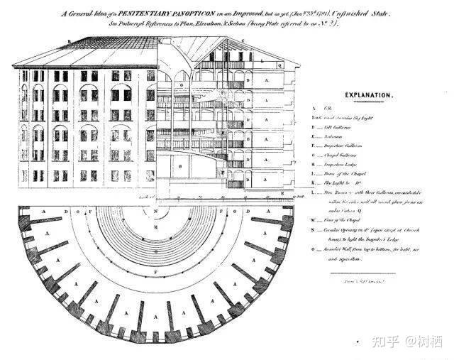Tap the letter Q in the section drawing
[x=281, y=63]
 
